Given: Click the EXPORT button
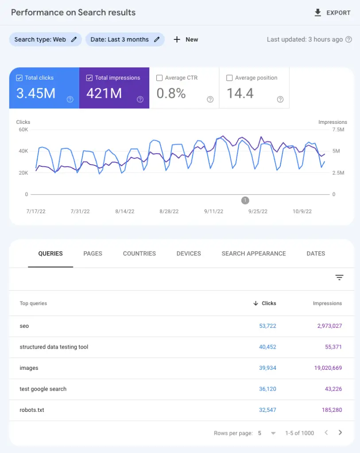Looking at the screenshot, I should (332, 13).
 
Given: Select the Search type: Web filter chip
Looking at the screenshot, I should (45, 39).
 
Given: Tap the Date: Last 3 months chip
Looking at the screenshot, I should (124, 39).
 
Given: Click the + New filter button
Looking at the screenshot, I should (186, 39).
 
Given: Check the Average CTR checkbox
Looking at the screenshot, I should (159, 78).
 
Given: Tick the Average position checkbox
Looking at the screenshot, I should (229, 78).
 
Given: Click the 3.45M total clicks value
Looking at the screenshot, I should (36, 93).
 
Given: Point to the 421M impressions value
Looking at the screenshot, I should (104, 93).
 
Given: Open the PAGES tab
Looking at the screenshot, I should (93, 253).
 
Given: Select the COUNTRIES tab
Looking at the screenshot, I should (139, 253).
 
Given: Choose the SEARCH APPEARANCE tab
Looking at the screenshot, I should (253, 253).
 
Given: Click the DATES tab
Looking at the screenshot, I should (316, 253).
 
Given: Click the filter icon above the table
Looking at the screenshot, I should (339, 278).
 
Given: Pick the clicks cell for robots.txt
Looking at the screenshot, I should (267, 410).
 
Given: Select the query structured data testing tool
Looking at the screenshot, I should (54, 347).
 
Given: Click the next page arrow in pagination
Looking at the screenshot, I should (340, 433).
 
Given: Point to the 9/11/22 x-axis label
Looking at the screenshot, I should (213, 211).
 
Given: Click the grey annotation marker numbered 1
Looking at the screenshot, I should (245, 200).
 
